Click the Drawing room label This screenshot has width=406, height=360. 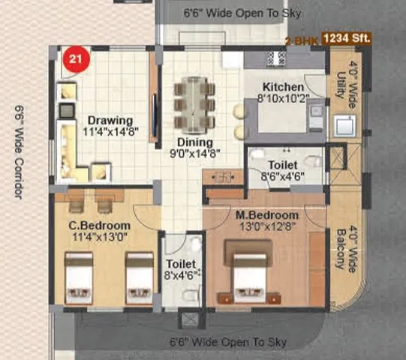(x=110, y=120)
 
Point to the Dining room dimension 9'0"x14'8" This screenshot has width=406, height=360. (x=194, y=154)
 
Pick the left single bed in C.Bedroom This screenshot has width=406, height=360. (x=77, y=278)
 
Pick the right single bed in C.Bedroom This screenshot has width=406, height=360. (x=139, y=278)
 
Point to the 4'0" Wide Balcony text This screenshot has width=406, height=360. (x=343, y=247)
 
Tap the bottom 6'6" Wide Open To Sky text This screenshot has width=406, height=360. (x=228, y=342)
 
